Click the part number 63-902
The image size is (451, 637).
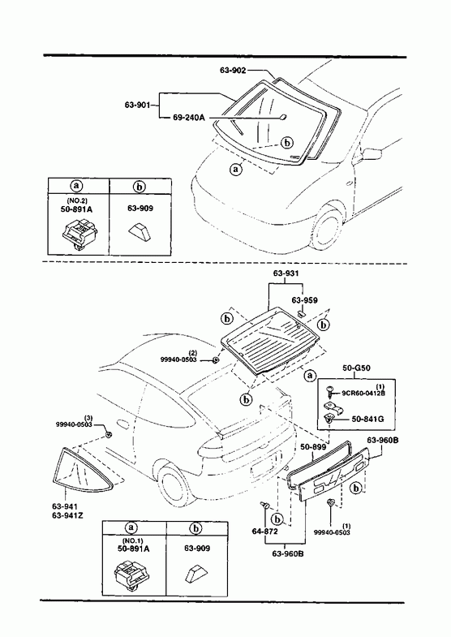point(233,71)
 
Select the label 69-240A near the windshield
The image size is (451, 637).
point(187,118)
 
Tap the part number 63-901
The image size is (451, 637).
point(137,105)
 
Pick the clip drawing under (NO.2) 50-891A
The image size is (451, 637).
point(79,233)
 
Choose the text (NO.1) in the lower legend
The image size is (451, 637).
point(134,540)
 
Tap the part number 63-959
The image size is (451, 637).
point(304,300)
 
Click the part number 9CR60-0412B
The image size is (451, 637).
point(363,393)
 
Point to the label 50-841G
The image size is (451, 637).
point(367,419)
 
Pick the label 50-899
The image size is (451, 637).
point(313,446)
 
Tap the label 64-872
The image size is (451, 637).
point(264,531)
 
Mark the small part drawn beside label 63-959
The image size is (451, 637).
point(301,313)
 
